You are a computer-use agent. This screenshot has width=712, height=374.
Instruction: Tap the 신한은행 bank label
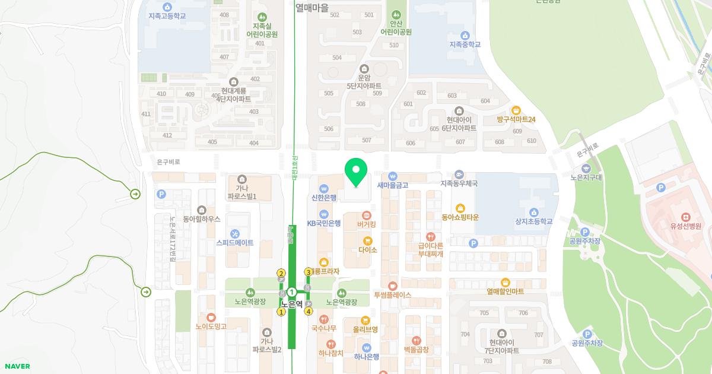pos(324,198)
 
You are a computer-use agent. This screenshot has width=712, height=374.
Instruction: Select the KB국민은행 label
pos(324,223)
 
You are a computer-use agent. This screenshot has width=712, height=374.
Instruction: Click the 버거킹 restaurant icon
pos(367,215)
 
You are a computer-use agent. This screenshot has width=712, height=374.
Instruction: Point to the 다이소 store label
pos(368,250)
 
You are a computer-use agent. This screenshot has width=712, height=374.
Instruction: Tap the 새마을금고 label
pos(392,185)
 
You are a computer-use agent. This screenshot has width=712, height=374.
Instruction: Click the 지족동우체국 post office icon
pos(459,175)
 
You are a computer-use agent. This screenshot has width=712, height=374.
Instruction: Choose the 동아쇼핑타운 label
pos(460,217)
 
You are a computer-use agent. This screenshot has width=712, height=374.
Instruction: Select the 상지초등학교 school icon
pos(534,213)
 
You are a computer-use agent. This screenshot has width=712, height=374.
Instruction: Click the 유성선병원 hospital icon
pos(686,217)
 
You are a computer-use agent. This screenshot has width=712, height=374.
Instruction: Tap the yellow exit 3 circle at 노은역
pos(309,272)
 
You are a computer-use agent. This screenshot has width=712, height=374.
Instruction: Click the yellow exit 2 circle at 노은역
pos(281,273)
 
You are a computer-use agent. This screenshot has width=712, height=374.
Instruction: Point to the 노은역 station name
pos(292,304)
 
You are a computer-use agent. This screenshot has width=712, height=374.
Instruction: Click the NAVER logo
pos(17,366)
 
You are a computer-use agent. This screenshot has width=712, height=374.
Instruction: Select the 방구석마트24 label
pos(516,119)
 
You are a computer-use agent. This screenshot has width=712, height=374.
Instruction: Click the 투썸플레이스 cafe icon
pos(392,286)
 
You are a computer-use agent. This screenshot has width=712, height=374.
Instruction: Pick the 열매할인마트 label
pos(505,291)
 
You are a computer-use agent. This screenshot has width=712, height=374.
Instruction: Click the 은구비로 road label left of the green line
pos(168,161)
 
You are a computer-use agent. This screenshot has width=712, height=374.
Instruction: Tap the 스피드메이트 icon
pos(235,234)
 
